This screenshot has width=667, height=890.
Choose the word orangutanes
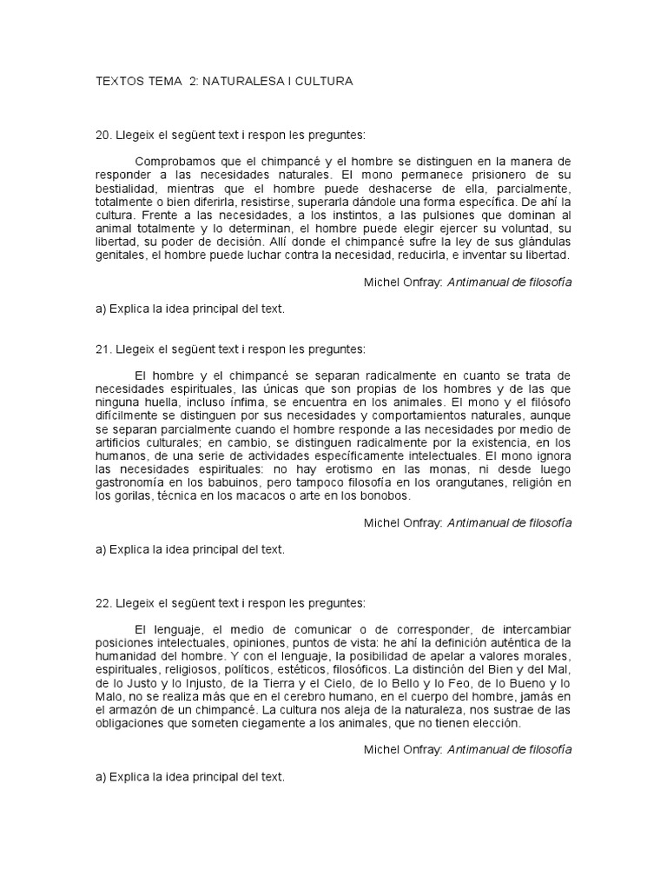click(x=459, y=483)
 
